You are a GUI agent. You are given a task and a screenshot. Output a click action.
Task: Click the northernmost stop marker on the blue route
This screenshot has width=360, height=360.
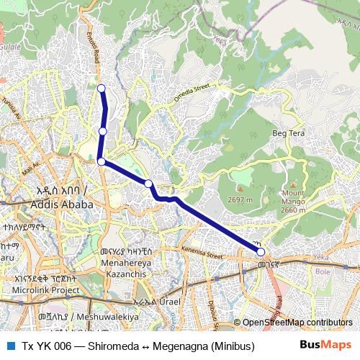coord(102,89)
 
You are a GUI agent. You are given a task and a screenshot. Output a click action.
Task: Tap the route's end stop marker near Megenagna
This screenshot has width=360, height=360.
coord(261,251)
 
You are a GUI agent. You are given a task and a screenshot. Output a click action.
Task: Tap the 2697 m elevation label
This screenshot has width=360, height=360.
coord(238,199)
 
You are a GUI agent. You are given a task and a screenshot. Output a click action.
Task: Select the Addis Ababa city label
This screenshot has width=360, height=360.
coord(63,204)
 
